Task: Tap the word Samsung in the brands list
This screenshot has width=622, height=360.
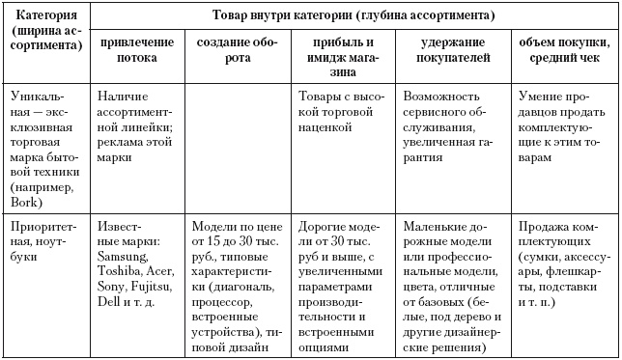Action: pos(126,255)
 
